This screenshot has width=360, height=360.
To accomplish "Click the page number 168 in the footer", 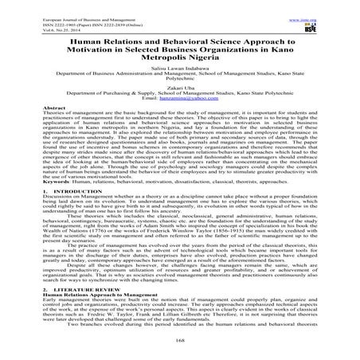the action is pyautogui.click(x=180, y=355).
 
